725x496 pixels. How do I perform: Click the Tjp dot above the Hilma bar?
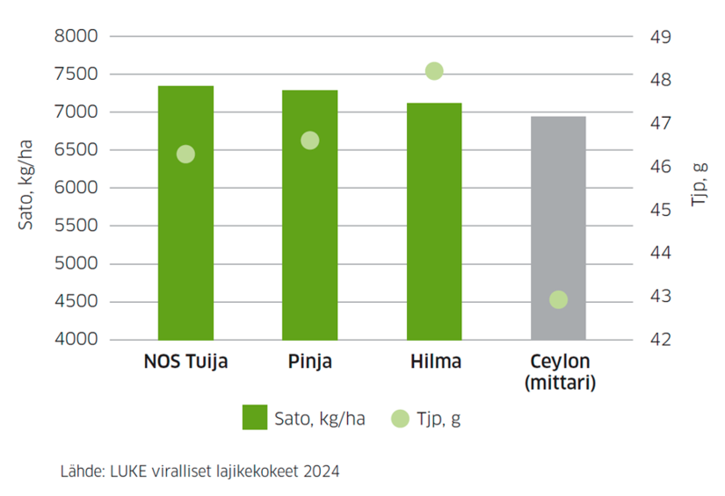click(434, 71)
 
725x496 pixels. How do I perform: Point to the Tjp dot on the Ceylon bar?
click(558, 300)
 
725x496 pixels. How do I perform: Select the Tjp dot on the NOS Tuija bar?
click(185, 155)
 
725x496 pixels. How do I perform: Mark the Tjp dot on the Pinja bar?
click(309, 140)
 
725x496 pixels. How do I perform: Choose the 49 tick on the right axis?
click(660, 37)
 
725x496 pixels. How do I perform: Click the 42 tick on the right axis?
click(660, 340)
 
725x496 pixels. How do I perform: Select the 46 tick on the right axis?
click(660, 167)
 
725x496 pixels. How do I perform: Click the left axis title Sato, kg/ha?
click(26, 188)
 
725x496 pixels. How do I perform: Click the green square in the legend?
click(255, 418)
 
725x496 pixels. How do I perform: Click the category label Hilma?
click(434, 362)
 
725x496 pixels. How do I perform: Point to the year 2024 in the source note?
click(322, 471)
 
